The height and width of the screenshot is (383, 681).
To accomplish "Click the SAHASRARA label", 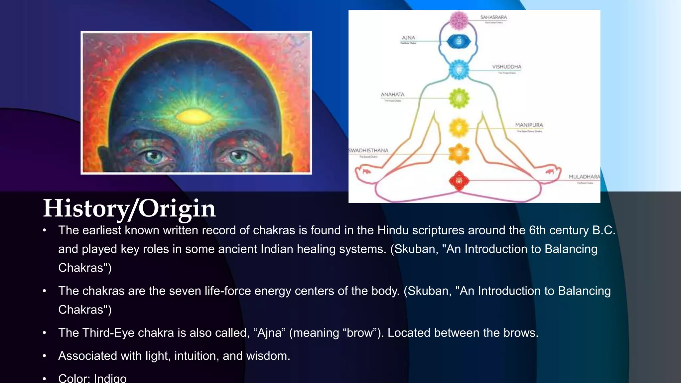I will click(493, 17).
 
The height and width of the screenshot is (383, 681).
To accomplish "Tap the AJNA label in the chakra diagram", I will click(408, 38).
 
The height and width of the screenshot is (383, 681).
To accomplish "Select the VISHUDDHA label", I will click(506, 67).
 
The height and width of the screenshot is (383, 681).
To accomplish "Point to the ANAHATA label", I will click(392, 95).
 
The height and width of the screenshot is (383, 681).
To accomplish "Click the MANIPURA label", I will click(529, 125).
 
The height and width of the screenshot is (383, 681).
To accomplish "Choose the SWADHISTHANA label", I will click(368, 151).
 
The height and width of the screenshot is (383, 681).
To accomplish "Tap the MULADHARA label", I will click(584, 177).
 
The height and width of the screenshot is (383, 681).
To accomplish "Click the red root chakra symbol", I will click(459, 181).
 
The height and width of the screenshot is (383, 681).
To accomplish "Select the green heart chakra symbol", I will click(459, 98).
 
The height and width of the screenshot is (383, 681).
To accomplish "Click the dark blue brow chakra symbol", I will click(459, 42).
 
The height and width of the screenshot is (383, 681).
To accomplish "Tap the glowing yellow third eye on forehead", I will click(194, 116).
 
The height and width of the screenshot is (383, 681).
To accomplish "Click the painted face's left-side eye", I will click(154, 156).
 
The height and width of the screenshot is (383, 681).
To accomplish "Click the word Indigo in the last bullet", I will click(110, 378).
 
